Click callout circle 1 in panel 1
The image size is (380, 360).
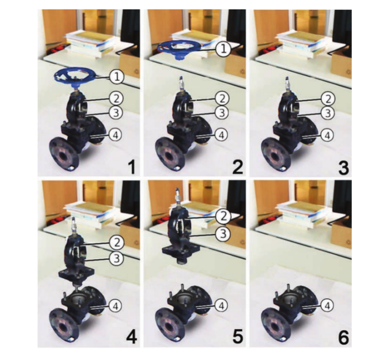coord(117,77)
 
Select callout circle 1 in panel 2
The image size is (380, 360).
coord(223,49)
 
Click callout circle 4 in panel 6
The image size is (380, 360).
coord(327,306)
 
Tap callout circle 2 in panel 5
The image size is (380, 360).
coord(223,217)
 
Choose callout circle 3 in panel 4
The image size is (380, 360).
coord(117,259)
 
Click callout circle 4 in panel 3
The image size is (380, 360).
coord(327,136)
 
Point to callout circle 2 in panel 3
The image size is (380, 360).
coord(328,99)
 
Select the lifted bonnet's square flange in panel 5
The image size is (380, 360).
coord(181,249)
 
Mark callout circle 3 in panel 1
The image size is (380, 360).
coord(116,113)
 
